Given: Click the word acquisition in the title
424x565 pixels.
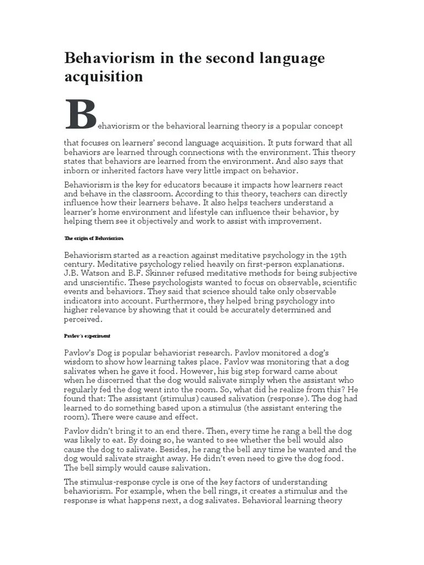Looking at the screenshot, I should (103, 76).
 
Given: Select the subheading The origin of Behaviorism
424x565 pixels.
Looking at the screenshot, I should (93, 238).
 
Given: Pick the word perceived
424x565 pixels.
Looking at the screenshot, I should (83, 318).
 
